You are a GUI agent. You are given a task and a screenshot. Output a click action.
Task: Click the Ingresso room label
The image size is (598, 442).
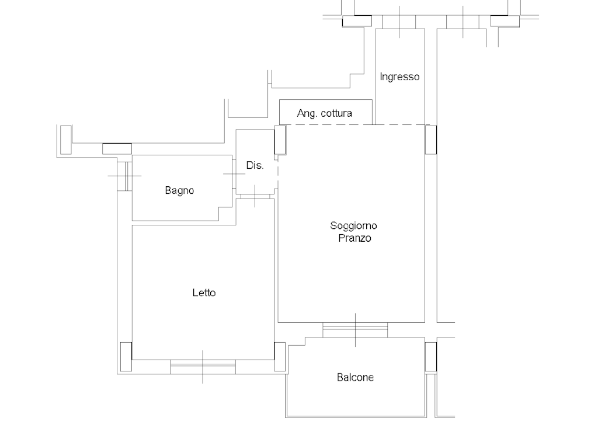399,77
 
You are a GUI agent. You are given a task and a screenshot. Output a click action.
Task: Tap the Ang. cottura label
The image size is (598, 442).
325,113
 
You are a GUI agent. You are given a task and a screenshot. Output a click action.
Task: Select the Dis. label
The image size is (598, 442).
255,165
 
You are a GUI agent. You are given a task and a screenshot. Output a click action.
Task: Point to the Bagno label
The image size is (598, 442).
179,190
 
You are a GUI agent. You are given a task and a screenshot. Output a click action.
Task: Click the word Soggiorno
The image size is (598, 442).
353,226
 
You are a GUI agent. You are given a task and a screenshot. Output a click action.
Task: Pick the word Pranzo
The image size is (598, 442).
354,238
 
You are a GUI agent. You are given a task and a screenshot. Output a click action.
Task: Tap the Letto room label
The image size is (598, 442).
204,293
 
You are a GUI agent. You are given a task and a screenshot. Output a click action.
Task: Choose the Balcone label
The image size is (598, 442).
355,378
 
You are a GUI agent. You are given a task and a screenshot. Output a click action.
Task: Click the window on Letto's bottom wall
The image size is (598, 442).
203,367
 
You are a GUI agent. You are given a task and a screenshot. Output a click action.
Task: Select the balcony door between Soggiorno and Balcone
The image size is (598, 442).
355,330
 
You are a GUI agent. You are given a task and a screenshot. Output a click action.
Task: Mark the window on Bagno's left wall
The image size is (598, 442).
125,176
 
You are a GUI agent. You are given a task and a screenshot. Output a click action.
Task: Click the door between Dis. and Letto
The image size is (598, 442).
255,196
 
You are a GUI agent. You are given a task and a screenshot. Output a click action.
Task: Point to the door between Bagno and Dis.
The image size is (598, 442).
234,174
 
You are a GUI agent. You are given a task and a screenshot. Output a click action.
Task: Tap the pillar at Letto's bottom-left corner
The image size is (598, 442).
126,357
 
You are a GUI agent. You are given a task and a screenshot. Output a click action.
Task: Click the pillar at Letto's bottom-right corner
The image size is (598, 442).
280,357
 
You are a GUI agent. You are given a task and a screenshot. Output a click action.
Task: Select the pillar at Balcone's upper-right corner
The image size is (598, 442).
431,357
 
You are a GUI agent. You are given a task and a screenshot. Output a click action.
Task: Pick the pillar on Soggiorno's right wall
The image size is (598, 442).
431,140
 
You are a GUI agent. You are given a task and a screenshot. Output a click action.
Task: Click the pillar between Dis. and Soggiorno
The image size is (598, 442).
280,140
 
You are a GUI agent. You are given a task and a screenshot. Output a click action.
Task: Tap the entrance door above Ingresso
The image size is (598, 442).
399,22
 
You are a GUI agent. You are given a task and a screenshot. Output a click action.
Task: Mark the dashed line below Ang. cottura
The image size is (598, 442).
354,125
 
